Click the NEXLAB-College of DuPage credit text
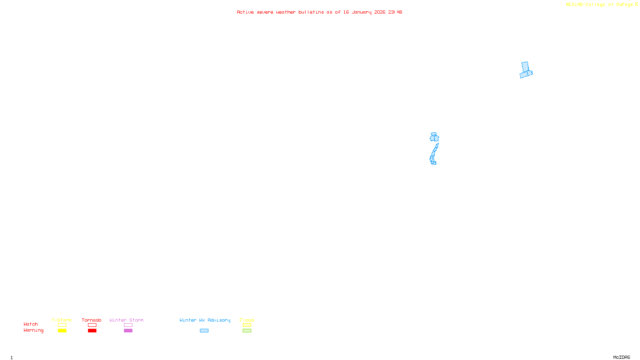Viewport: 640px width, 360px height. (x=602, y=4)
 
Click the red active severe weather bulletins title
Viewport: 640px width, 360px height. (x=319, y=12)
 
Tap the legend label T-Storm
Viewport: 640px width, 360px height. (x=62, y=320)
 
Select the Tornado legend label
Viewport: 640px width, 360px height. (x=92, y=320)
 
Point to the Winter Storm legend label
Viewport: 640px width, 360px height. (x=126, y=320)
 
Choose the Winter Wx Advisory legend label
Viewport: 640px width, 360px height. (x=205, y=320)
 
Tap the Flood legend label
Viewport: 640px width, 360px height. (x=247, y=320)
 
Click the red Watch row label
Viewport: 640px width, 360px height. (x=31, y=324)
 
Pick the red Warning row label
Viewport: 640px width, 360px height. (x=33, y=330)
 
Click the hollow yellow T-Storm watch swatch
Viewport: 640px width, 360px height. (x=62, y=325)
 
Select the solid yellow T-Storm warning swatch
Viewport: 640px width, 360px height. (x=62, y=331)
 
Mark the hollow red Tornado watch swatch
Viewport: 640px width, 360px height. (x=92, y=325)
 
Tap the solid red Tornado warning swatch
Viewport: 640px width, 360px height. (x=92, y=331)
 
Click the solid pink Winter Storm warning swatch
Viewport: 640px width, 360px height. (x=128, y=331)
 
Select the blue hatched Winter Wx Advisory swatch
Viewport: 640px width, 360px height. (x=204, y=331)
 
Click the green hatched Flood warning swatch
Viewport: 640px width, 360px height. (x=247, y=331)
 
